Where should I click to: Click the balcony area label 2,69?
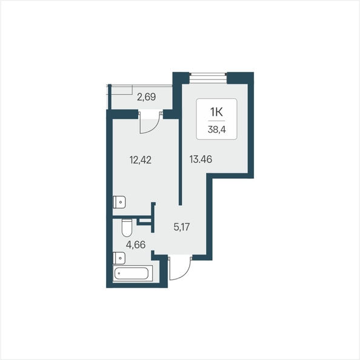tap(146, 97)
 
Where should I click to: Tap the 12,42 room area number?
tap(141, 160)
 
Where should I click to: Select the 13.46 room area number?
tap(201, 159)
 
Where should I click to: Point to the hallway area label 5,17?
tap(182, 227)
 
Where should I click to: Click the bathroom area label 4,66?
tap(136, 245)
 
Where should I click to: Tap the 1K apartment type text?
tap(216, 112)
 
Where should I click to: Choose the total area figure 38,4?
tap(217, 130)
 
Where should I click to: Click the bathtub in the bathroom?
tap(133, 273)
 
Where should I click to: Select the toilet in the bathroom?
tap(127, 227)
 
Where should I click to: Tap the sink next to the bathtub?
tap(119, 258)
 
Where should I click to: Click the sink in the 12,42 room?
tap(119, 202)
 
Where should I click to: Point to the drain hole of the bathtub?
tap(119, 273)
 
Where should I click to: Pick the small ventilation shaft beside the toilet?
tap(144, 221)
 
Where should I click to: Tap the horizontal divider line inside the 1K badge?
tap(216, 121)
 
